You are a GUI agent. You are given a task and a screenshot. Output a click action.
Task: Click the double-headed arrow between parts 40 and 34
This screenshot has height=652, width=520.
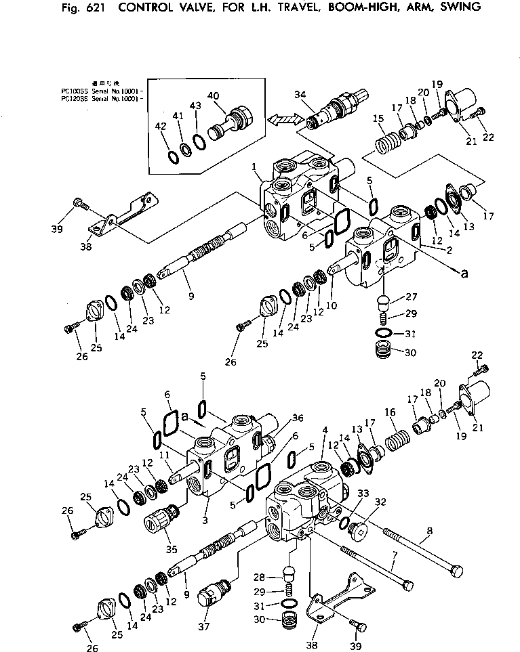click(283, 119)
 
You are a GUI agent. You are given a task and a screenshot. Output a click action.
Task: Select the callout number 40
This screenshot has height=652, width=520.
click(214, 96)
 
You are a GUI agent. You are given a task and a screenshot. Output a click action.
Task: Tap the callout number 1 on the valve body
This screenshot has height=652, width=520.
click(253, 166)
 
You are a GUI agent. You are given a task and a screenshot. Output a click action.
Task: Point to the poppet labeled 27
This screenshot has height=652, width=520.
click(382, 300)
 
